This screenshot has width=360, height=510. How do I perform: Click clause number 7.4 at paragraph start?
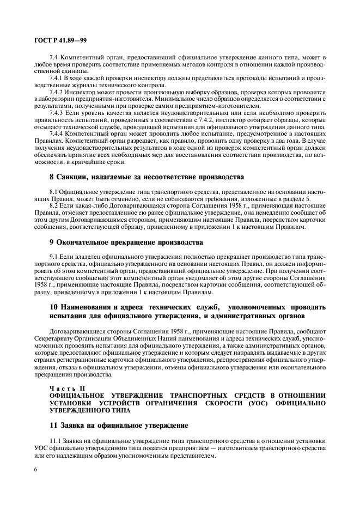coord(54,57)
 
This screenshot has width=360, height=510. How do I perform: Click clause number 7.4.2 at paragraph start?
coord(57,92)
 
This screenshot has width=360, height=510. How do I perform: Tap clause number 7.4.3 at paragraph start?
coord(57,113)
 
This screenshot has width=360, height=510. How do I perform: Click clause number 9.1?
coord(54,257)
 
